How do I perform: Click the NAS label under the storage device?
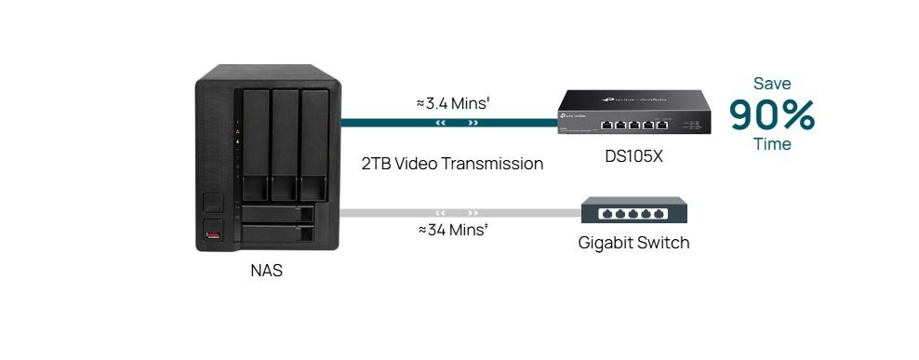(x=266, y=272)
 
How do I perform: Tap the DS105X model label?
(x=633, y=156)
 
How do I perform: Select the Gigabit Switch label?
(x=633, y=243)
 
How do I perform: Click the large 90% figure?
(x=771, y=114)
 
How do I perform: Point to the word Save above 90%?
(x=772, y=84)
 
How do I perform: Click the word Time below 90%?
(x=772, y=144)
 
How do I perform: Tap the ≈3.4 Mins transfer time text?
(x=452, y=102)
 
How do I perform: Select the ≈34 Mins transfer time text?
(x=452, y=230)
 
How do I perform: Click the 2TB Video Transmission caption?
(x=452, y=164)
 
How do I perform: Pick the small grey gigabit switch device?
(x=634, y=211)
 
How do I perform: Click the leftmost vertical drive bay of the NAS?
(x=255, y=145)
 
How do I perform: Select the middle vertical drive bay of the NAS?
(x=284, y=145)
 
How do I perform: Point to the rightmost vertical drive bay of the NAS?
(x=313, y=145)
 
